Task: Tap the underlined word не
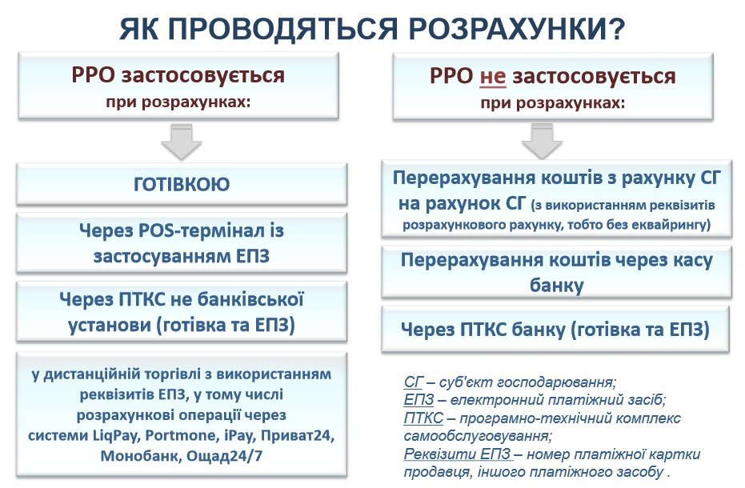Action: [493, 76]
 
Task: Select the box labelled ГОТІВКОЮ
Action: [182, 184]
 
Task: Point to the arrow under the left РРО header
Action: [182, 142]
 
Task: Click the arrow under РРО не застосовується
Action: [542, 141]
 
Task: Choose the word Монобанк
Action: [140, 456]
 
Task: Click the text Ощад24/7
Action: [224, 456]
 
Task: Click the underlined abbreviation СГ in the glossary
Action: [414, 382]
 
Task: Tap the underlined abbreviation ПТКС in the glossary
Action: [423, 418]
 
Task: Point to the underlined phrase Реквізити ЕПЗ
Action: [458, 454]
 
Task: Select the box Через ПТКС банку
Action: [555, 330]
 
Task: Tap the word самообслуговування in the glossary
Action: [478, 436]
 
